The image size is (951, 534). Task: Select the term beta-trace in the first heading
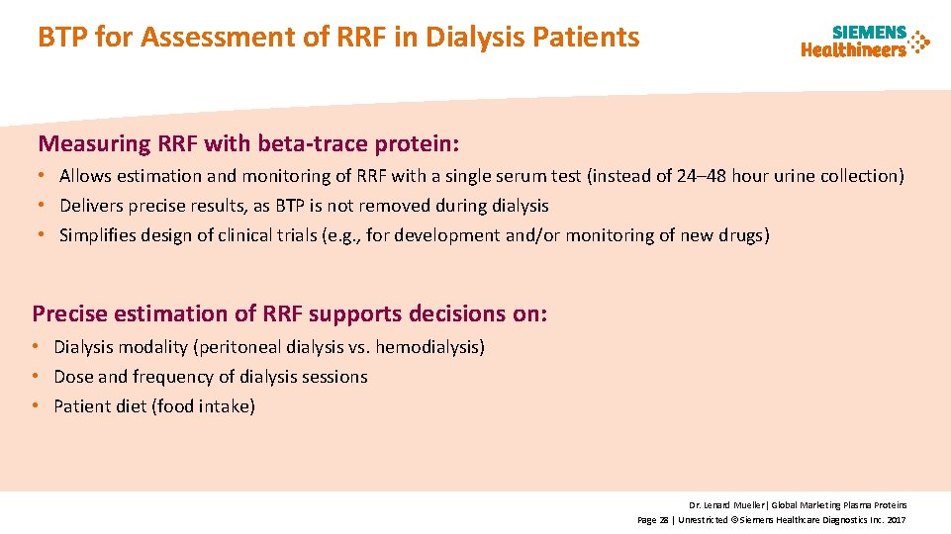coord(313,144)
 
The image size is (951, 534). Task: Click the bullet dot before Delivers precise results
coord(45,206)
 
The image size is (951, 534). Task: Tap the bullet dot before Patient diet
coord(39,406)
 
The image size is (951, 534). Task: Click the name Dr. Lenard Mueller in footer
coord(726,504)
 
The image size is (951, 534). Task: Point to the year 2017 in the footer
coord(897,519)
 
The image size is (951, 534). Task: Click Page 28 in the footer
coord(653,519)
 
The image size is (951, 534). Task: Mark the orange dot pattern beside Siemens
coord(920,42)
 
